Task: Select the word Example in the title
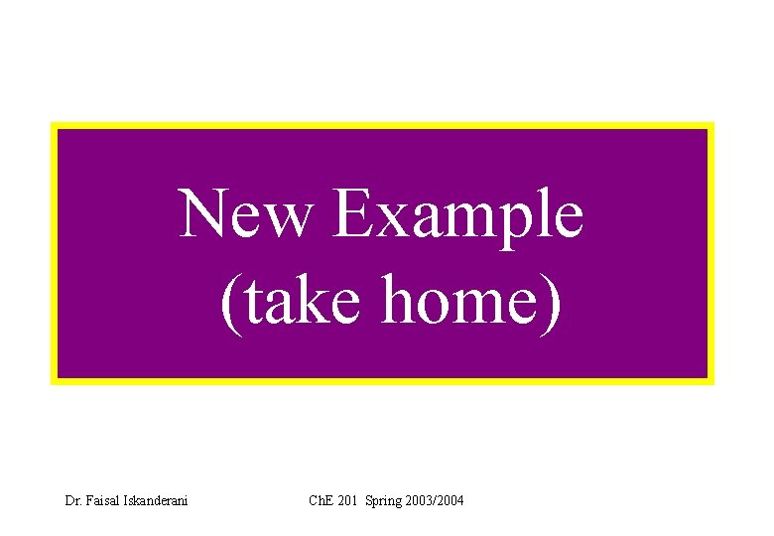[x=458, y=215]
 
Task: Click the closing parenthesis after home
[x=552, y=305]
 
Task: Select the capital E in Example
[x=353, y=213]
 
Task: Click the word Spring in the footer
[x=384, y=500]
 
